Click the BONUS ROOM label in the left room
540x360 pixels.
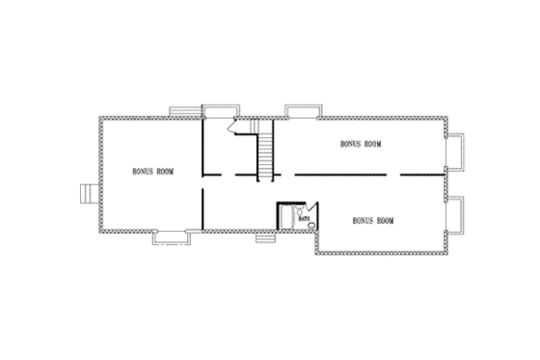[153, 171]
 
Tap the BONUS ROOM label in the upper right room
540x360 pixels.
[362, 143]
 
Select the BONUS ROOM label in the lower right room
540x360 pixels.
[374, 220]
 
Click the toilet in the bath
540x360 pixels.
[310, 226]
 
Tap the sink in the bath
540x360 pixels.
[301, 208]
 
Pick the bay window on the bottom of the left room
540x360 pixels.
[171, 235]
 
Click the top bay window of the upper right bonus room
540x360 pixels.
[303, 108]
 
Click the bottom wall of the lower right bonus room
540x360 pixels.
[380, 254]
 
